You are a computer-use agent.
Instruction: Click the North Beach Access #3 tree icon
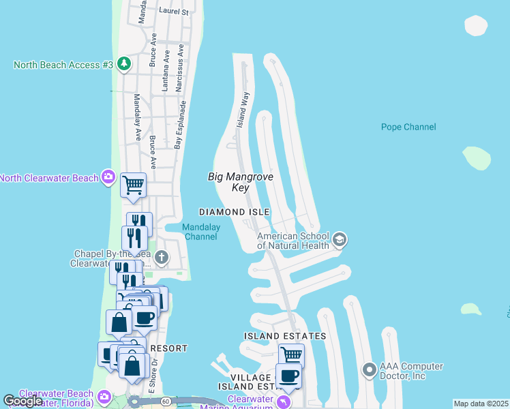point(123,65)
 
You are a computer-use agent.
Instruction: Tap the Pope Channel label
point(408,127)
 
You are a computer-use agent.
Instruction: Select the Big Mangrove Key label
point(240,182)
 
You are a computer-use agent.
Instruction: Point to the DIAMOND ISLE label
point(234,212)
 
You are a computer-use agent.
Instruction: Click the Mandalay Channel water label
point(200,232)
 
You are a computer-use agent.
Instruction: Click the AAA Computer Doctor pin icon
point(370,370)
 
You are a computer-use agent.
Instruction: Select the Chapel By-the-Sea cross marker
point(162,257)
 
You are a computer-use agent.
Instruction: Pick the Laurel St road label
point(173,12)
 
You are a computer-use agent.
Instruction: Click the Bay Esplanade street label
point(180,125)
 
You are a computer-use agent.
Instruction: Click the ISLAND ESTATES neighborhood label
point(285,337)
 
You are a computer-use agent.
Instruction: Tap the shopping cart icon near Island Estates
point(291,354)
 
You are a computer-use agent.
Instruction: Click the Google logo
point(23,401)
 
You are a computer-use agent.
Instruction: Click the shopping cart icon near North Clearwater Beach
point(133,183)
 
